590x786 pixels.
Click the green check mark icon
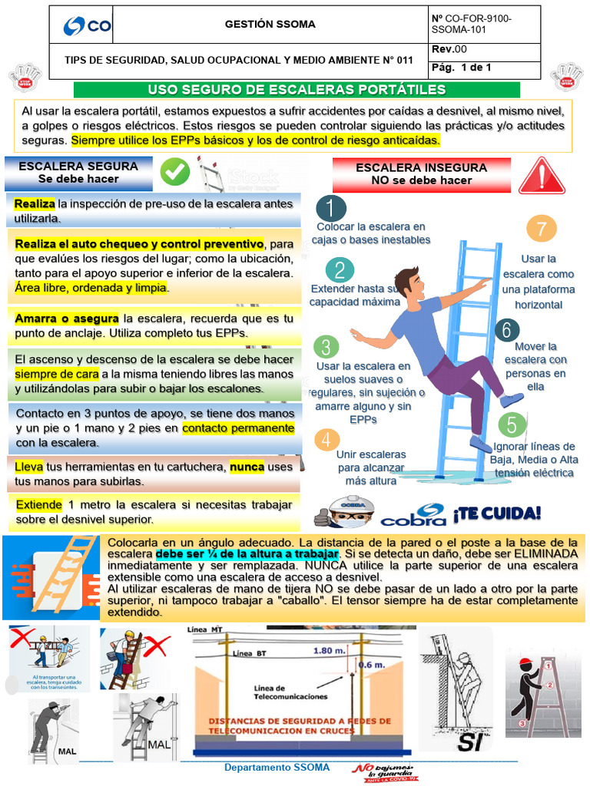coord(175,173)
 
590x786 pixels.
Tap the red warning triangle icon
coord(542,176)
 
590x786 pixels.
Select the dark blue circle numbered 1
coord(331,208)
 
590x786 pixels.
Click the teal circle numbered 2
coord(340,269)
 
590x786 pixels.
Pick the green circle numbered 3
coord(326,347)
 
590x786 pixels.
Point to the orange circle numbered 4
coord(328,440)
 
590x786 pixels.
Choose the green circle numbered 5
coord(512,424)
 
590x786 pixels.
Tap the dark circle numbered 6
coord(506,330)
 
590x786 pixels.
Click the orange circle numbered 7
coord(542,229)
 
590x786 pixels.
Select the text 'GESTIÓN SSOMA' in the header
coord(270,25)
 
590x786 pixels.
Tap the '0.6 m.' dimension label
coord(373,665)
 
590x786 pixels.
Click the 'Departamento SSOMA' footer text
coord(277,768)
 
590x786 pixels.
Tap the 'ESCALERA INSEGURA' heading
coord(421,167)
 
